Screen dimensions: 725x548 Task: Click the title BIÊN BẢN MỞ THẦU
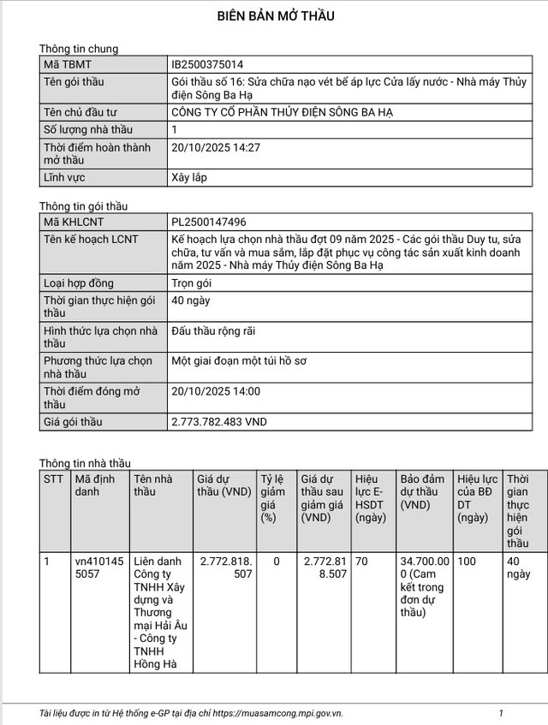coord(275,15)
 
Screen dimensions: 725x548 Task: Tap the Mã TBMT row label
coord(68,64)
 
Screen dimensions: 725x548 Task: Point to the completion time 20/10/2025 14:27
coord(216,147)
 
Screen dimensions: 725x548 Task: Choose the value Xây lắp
coord(190,177)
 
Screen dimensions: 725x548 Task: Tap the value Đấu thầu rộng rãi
coord(213,330)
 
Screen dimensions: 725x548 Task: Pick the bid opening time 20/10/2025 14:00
coord(216,391)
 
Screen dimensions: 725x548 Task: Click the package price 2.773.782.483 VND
coord(219,422)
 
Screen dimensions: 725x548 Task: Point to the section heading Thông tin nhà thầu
coord(85,463)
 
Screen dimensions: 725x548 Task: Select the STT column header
coord(54,479)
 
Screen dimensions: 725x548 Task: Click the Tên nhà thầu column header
coord(153,485)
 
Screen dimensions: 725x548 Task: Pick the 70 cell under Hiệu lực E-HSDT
coord(362,562)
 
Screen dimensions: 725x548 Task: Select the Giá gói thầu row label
coord(73,422)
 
